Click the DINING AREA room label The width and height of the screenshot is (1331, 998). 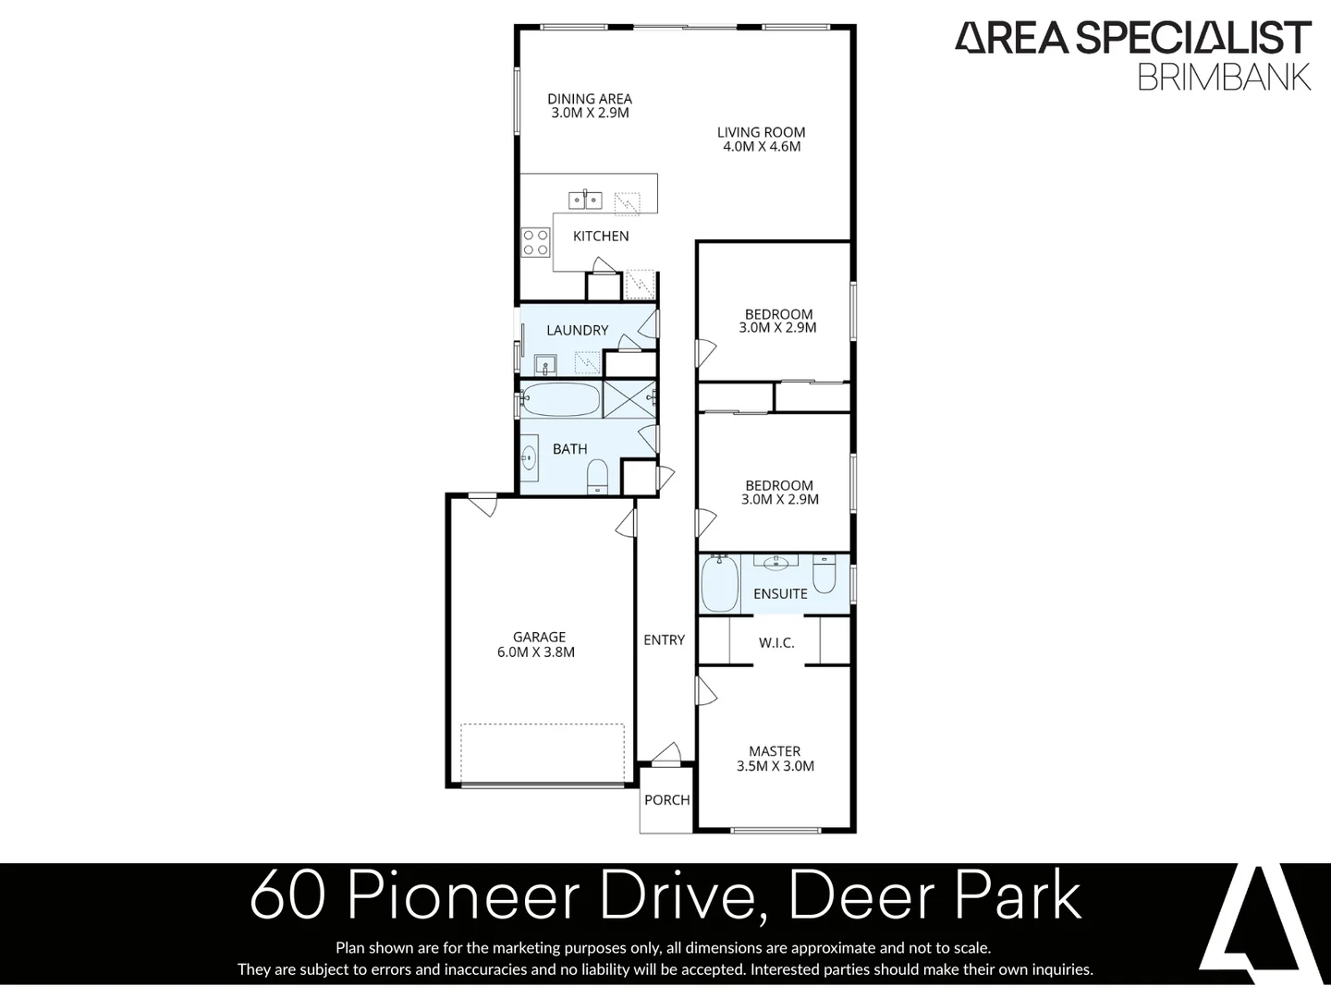(590, 99)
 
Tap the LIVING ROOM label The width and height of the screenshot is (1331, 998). (761, 132)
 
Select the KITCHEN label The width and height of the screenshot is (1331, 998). (601, 237)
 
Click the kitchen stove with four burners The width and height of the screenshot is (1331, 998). (536, 242)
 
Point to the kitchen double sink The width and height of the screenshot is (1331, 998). (585, 199)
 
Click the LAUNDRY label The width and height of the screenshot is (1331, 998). (577, 330)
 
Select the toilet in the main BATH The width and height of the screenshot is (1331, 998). (597, 476)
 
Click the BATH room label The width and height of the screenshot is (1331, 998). (569, 449)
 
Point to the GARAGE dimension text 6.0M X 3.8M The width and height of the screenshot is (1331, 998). (536, 652)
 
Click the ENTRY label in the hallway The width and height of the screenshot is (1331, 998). (664, 639)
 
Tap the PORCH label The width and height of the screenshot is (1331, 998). (666, 800)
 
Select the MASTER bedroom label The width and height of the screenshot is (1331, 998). (775, 751)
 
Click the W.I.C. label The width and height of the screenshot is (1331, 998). (776, 642)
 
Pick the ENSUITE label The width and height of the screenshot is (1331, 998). (780, 593)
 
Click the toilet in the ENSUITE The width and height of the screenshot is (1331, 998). (824, 573)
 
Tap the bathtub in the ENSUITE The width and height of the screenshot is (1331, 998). (719, 582)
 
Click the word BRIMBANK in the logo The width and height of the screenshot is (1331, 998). (1224, 78)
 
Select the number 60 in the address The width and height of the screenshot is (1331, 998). (287, 895)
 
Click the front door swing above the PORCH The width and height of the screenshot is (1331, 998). (666, 753)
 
